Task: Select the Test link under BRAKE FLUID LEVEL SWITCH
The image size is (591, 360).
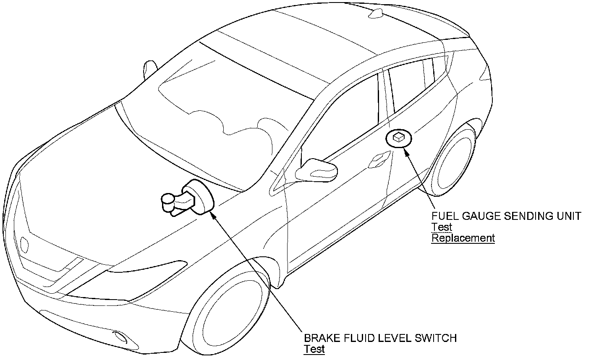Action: pos(314,349)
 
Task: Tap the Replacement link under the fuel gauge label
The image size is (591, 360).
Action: pos(463,238)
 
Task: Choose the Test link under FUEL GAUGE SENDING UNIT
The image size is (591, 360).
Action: pos(442,227)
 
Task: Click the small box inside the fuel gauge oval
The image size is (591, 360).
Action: pos(399,137)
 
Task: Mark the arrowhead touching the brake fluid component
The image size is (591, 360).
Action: pos(212,214)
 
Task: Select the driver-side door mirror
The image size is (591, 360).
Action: pos(317,169)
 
